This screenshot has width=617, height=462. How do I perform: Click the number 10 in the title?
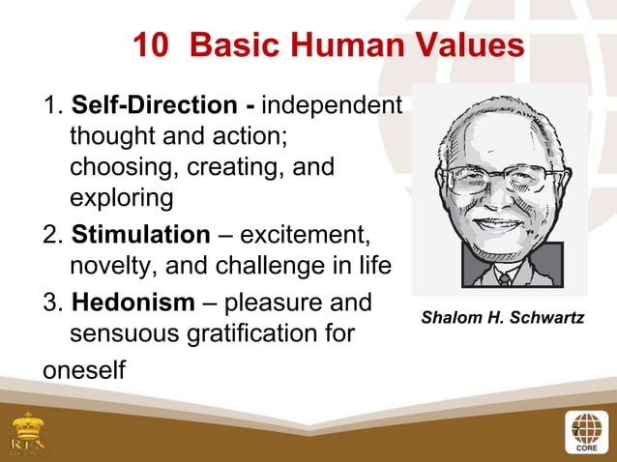tap(151, 44)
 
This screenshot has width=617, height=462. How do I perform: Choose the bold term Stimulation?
tap(140, 235)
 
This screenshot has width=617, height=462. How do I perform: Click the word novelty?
tap(108, 266)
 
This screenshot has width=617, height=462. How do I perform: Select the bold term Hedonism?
tap(132, 303)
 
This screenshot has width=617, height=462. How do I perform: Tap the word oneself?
tap(85, 370)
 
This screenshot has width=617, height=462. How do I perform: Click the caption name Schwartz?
tap(548, 317)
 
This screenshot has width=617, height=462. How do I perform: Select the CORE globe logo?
tap(585, 431)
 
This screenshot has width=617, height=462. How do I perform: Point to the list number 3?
tap(51, 303)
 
